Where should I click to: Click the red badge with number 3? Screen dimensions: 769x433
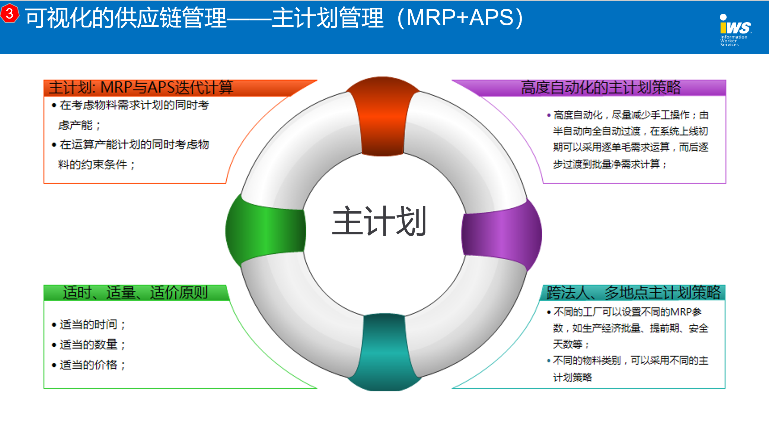[10, 14]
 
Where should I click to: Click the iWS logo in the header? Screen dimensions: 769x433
[735, 30]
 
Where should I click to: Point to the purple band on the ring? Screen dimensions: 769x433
[501, 235]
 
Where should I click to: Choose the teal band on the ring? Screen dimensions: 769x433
[385, 352]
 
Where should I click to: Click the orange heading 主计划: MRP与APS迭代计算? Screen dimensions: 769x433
[141, 88]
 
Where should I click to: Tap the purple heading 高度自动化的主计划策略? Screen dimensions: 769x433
[601, 88]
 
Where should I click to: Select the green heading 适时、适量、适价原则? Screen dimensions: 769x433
[135, 293]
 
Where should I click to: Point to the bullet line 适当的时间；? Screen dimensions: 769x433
[89, 324]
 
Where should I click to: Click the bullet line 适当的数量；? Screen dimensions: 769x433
[89, 344]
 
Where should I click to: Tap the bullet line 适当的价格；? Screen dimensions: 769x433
[89, 365]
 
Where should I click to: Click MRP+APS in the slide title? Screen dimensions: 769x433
[460, 17]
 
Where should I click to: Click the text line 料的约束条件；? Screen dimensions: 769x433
[97, 164]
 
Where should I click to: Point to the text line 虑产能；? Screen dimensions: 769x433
[79, 125]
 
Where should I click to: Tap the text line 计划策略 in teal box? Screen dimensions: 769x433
[572, 377]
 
